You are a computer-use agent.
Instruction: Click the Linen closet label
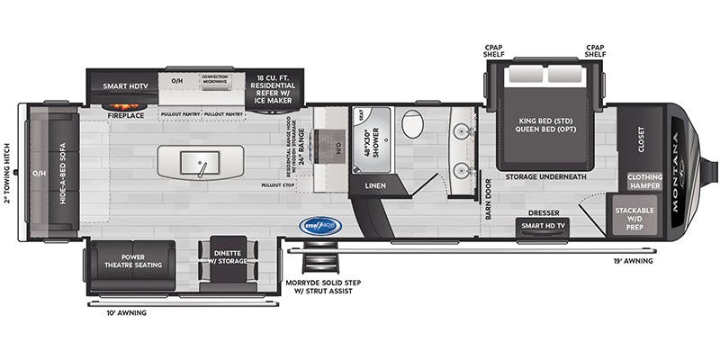click(374, 187)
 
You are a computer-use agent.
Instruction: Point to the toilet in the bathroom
click(413, 124)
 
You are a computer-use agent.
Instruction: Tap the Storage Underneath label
click(545, 176)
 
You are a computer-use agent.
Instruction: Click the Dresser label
click(544, 212)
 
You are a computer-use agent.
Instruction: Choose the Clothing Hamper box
click(645, 180)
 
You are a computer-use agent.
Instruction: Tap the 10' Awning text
click(126, 312)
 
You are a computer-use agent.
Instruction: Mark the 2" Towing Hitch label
click(7, 173)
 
